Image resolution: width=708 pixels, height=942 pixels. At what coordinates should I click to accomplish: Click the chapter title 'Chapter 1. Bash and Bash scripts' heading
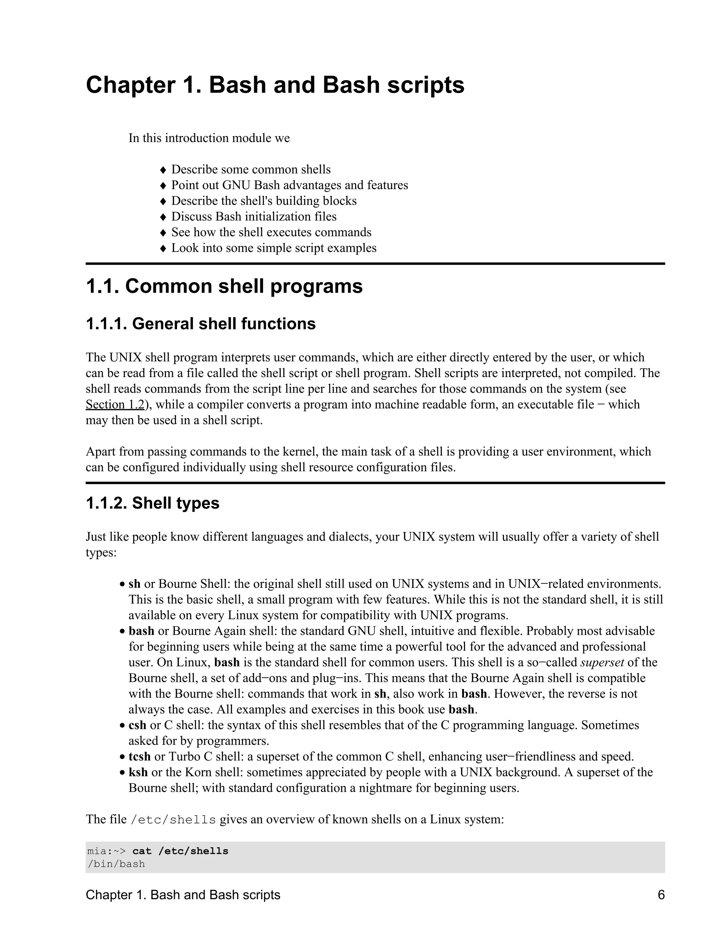point(275,85)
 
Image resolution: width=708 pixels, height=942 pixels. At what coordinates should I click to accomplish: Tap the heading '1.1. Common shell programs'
point(224,286)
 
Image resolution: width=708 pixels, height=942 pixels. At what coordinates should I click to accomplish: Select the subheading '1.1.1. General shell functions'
point(201,324)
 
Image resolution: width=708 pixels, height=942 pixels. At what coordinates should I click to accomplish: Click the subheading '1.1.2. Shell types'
point(152,503)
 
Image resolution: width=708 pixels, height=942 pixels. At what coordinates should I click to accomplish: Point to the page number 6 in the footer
point(661,895)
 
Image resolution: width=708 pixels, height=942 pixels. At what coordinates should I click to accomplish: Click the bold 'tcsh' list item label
point(139,756)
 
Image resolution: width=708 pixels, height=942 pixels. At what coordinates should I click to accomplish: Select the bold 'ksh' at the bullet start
point(138,772)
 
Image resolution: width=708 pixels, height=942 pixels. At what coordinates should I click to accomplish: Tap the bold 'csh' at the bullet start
point(137,725)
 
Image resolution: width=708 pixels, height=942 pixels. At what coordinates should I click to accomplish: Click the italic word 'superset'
point(602,662)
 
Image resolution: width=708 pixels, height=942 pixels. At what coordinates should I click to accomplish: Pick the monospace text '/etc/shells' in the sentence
point(173,819)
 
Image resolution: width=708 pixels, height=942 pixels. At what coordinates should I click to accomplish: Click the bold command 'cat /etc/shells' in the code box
point(180,851)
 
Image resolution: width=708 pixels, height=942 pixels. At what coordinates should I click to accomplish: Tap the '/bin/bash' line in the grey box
point(116,864)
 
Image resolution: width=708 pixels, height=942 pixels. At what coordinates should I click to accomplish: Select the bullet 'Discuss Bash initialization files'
point(253,216)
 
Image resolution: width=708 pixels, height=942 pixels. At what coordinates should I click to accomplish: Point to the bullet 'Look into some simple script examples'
point(273,248)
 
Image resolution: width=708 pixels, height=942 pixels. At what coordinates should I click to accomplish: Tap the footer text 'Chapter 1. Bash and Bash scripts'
point(183,895)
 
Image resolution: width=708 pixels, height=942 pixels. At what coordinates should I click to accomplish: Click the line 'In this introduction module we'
point(209,138)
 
